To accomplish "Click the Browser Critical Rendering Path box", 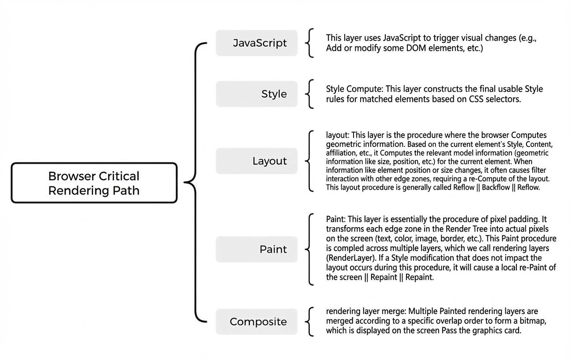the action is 94,183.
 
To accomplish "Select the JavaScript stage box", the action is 256,43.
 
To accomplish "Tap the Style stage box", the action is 256,94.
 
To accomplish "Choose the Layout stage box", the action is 256,161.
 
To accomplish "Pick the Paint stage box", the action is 256,249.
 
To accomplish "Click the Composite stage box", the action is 256,322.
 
